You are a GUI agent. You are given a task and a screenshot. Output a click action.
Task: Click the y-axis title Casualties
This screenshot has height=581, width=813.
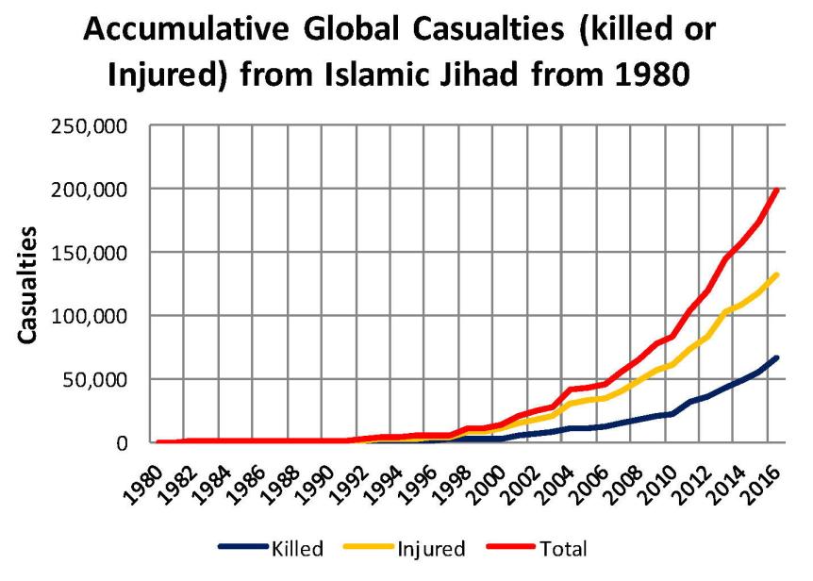click(30, 284)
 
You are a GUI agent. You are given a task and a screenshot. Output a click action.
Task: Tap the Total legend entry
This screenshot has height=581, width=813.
click(562, 546)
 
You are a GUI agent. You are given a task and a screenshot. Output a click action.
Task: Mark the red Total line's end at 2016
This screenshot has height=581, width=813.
click(777, 191)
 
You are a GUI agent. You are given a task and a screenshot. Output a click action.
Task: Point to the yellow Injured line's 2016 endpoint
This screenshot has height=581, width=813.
click(777, 274)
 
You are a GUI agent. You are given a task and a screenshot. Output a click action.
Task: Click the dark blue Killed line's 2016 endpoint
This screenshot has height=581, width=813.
click(777, 357)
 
